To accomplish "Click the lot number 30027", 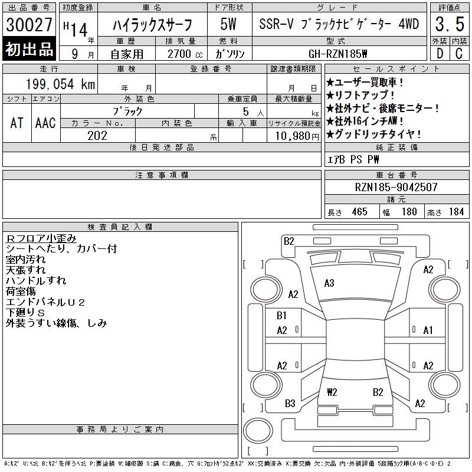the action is click(x=29, y=25).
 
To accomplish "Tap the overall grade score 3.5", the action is click(x=450, y=24).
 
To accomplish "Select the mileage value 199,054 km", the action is click(x=61, y=84).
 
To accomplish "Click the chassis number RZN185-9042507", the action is click(x=396, y=187).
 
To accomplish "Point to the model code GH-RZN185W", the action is click(x=337, y=54).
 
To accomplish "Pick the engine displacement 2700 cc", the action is click(x=185, y=54).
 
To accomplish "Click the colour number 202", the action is click(x=97, y=136).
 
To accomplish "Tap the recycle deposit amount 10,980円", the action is click(x=297, y=136).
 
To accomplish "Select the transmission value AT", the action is click(x=17, y=123).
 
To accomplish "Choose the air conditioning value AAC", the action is click(x=45, y=123).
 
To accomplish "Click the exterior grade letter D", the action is click(x=440, y=54).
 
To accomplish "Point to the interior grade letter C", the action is click(x=459, y=54).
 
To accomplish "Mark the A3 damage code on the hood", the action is click(x=329, y=283).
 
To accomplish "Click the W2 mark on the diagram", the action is click(x=332, y=392).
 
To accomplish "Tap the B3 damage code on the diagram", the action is click(x=290, y=404).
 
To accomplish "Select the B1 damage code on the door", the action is click(x=281, y=316).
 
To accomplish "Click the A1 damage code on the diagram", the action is click(x=428, y=330).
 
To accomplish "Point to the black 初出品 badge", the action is click(x=29, y=49).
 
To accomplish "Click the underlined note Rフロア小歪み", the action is click(x=41, y=238).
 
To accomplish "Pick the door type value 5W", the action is click(x=228, y=24).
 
